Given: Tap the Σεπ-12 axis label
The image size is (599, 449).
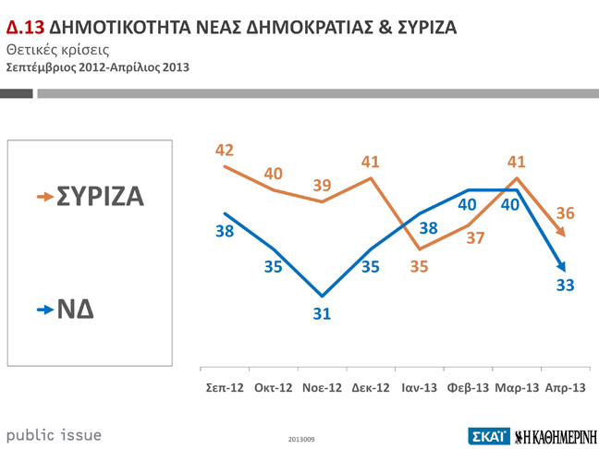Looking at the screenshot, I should [224, 387].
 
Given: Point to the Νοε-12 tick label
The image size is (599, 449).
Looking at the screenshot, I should [323, 387].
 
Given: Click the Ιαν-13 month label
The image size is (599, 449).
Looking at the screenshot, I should [419, 387].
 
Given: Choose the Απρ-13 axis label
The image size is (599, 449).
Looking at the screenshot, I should [563, 387].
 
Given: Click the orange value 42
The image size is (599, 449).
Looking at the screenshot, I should [224, 150].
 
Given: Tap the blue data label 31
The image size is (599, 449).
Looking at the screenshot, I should [322, 314].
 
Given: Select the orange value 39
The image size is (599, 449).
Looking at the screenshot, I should [322, 185].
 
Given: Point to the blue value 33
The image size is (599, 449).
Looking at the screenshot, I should [566, 285].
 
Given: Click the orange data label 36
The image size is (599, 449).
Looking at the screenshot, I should [565, 213].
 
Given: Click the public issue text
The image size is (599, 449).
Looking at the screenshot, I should [55, 434].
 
